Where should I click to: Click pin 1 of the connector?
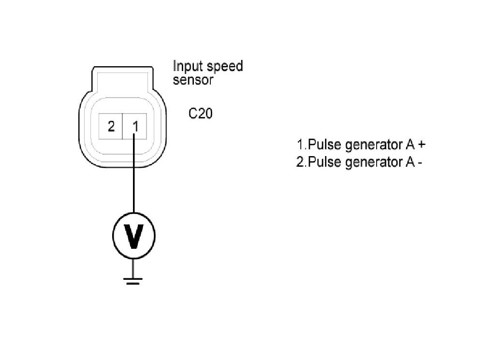click(135, 127)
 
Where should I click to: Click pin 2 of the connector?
click(111, 127)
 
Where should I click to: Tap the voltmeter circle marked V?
click(134, 235)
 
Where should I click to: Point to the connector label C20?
click(201, 114)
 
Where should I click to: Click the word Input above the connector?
click(186, 66)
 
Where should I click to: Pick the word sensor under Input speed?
click(193, 80)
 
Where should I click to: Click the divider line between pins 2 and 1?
click(123, 127)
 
